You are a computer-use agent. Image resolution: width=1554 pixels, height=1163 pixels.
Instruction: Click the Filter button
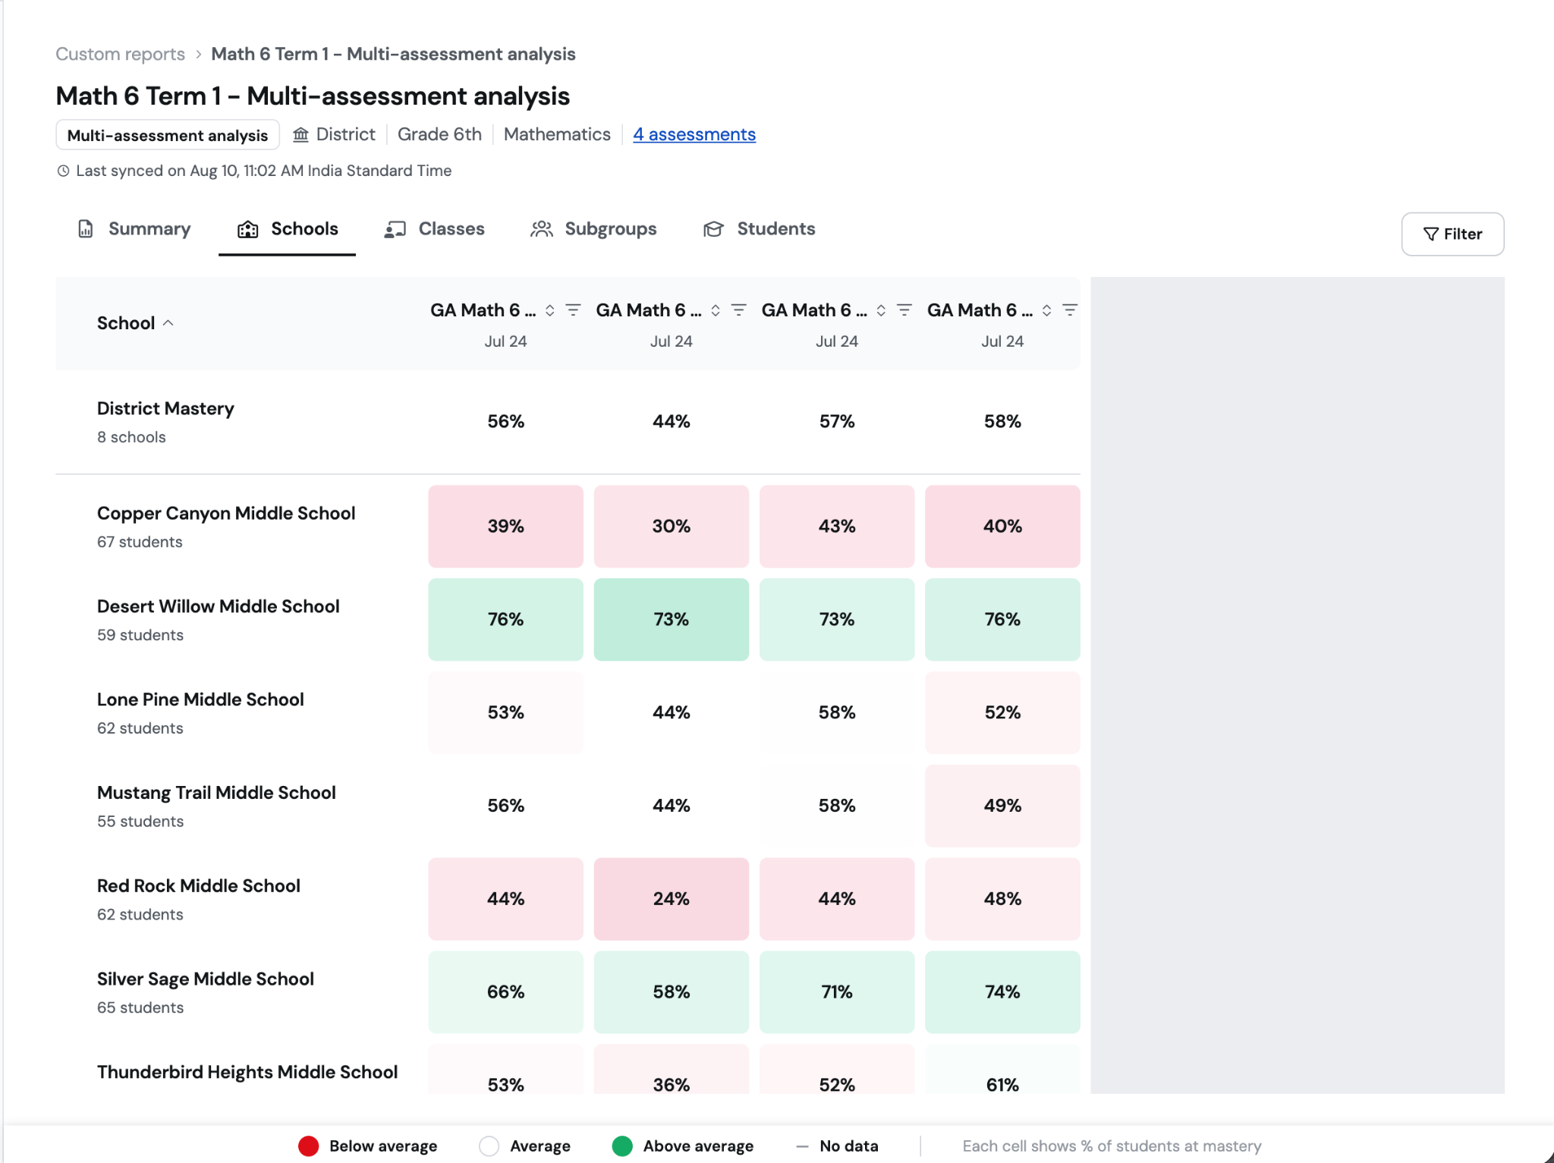[x=1452, y=234]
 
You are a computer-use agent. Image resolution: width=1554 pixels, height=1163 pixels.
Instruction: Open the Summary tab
[x=134, y=229]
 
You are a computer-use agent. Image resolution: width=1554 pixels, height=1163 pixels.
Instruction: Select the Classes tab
[x=434, y=229]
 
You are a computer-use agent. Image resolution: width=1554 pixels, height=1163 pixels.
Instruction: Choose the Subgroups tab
[x=593, y=229]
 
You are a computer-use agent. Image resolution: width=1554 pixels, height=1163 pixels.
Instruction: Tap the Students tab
[x=759, y=229]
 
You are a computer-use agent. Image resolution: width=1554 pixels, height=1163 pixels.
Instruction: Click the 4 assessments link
[x=694, y=134]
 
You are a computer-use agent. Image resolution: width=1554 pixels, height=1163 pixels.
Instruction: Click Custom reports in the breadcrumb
[x=120, y=54]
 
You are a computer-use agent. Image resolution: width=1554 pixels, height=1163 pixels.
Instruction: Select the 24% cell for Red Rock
[x=672, y=899]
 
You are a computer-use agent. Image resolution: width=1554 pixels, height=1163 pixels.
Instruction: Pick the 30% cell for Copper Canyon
[x=672, y=526]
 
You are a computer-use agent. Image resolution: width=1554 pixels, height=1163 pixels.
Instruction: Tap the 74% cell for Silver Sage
[x=1002, y=992]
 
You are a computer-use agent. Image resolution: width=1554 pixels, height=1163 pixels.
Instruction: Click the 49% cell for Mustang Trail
[x=1002, y=806]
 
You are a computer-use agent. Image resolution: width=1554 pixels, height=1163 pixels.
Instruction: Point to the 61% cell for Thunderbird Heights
[x=1002, y=1077]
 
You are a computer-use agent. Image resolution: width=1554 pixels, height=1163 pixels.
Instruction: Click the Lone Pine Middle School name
[x=200, y=699]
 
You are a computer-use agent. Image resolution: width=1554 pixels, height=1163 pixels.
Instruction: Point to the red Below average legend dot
[x=308, y=1146]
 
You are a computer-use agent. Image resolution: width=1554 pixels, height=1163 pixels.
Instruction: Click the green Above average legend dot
[x=622, y=1146]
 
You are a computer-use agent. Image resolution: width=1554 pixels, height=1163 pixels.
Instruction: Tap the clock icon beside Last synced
[x=64, y=171]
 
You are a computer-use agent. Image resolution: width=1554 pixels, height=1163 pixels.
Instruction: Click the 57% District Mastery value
[x=837, y=422]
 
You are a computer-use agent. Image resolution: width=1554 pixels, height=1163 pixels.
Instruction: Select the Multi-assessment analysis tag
[x=168, y=135]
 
